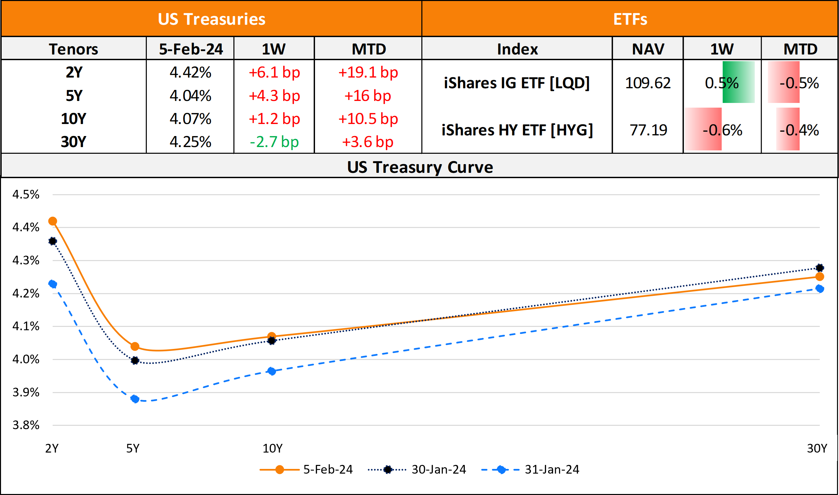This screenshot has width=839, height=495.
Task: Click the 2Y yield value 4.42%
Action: (190, 73)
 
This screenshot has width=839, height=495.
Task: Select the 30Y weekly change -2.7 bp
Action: (274, 142)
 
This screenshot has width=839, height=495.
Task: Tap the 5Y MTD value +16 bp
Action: (368, 96)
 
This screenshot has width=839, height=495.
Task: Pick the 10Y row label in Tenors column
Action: (74, 119)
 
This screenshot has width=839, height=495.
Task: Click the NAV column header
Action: (648, 49)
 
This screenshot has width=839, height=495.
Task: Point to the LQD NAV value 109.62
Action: (648, 83)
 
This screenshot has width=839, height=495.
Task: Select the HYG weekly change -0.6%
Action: (722, 130)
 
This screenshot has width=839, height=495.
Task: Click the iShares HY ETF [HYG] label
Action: (517, 130)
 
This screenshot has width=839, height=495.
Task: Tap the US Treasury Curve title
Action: (420, 167)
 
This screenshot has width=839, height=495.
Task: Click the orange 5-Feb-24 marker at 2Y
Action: (53, 221)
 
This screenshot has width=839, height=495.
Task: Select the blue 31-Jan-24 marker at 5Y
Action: (135, 399)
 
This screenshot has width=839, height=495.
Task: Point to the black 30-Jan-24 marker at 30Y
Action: (819, 268)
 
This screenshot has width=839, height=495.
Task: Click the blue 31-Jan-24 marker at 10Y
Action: (272, 371)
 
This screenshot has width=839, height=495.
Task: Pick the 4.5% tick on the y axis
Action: (26, 195)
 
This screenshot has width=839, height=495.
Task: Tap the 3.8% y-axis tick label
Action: (26, 425)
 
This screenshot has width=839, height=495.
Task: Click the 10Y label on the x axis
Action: (272, 448)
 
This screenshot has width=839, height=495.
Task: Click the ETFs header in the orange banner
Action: (630, 19)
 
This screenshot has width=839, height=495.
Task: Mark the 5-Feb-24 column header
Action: (191, 49)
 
